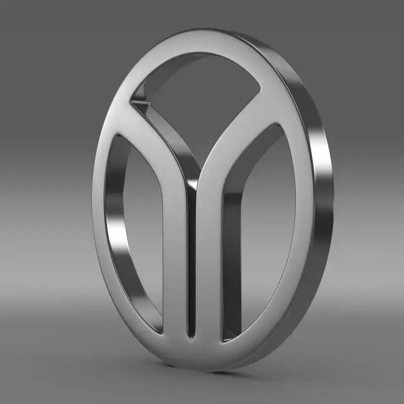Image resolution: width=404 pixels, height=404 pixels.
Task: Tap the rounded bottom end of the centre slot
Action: pos(191,336)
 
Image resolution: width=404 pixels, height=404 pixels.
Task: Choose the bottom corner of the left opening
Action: pos(161,331)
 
